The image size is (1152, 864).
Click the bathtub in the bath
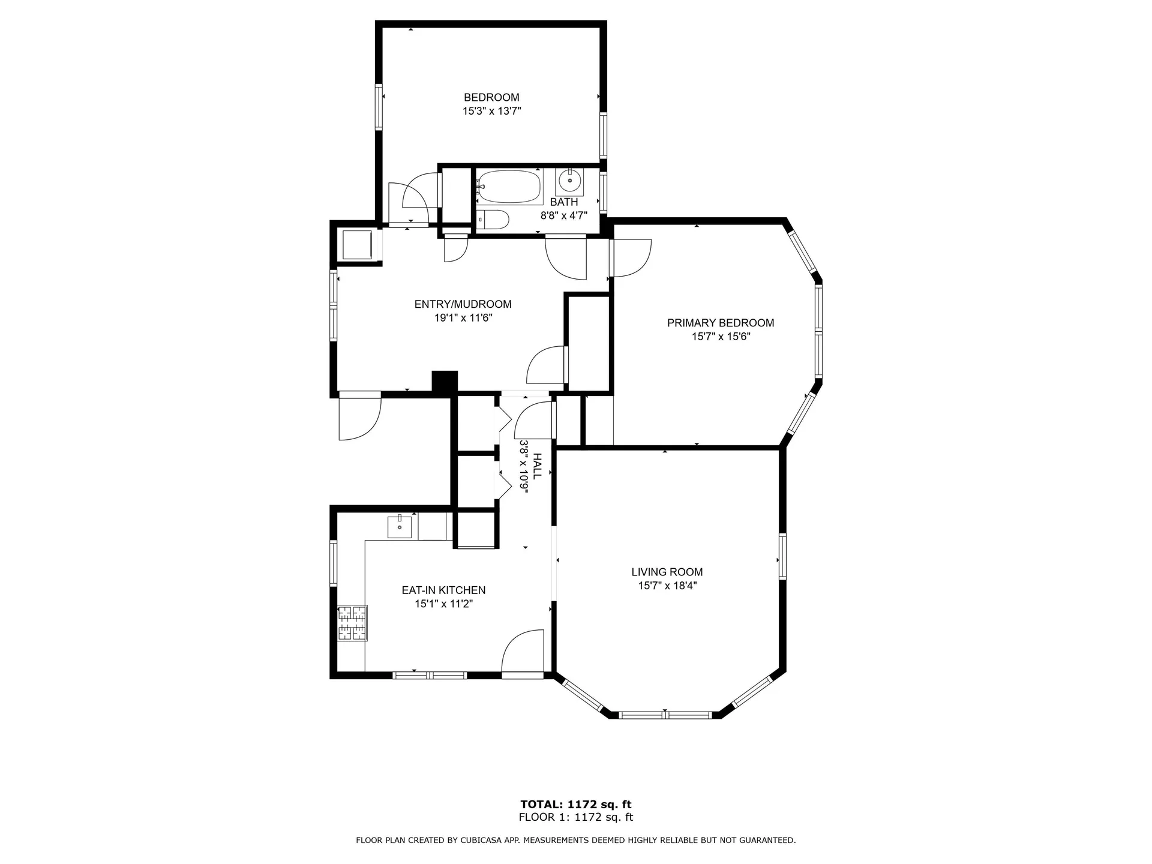[x=510, y=187]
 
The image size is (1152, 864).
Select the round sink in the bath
[x=569, y=179]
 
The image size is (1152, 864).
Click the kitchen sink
[x=400, y=526]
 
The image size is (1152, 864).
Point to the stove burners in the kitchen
[x=352, y=623]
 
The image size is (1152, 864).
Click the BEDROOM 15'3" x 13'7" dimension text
[x=491, y=111]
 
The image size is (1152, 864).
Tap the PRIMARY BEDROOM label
[x=721, y=323]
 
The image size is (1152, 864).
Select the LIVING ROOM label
[x=667, y=572]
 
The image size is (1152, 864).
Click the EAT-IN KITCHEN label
[x=443, y=590]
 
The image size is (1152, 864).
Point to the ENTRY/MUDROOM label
[x=463, y=304]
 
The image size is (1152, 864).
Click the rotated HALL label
[x=538, y=466]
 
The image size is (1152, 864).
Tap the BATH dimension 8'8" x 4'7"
[x=564, y=215]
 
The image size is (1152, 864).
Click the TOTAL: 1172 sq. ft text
[x=576, y=805]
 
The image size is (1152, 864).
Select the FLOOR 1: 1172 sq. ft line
[x=576, y=817]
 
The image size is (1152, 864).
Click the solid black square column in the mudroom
[x=445, y=383]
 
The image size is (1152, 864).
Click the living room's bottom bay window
[x=665, y=715]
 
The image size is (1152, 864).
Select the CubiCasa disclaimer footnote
[x=576, y=841]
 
